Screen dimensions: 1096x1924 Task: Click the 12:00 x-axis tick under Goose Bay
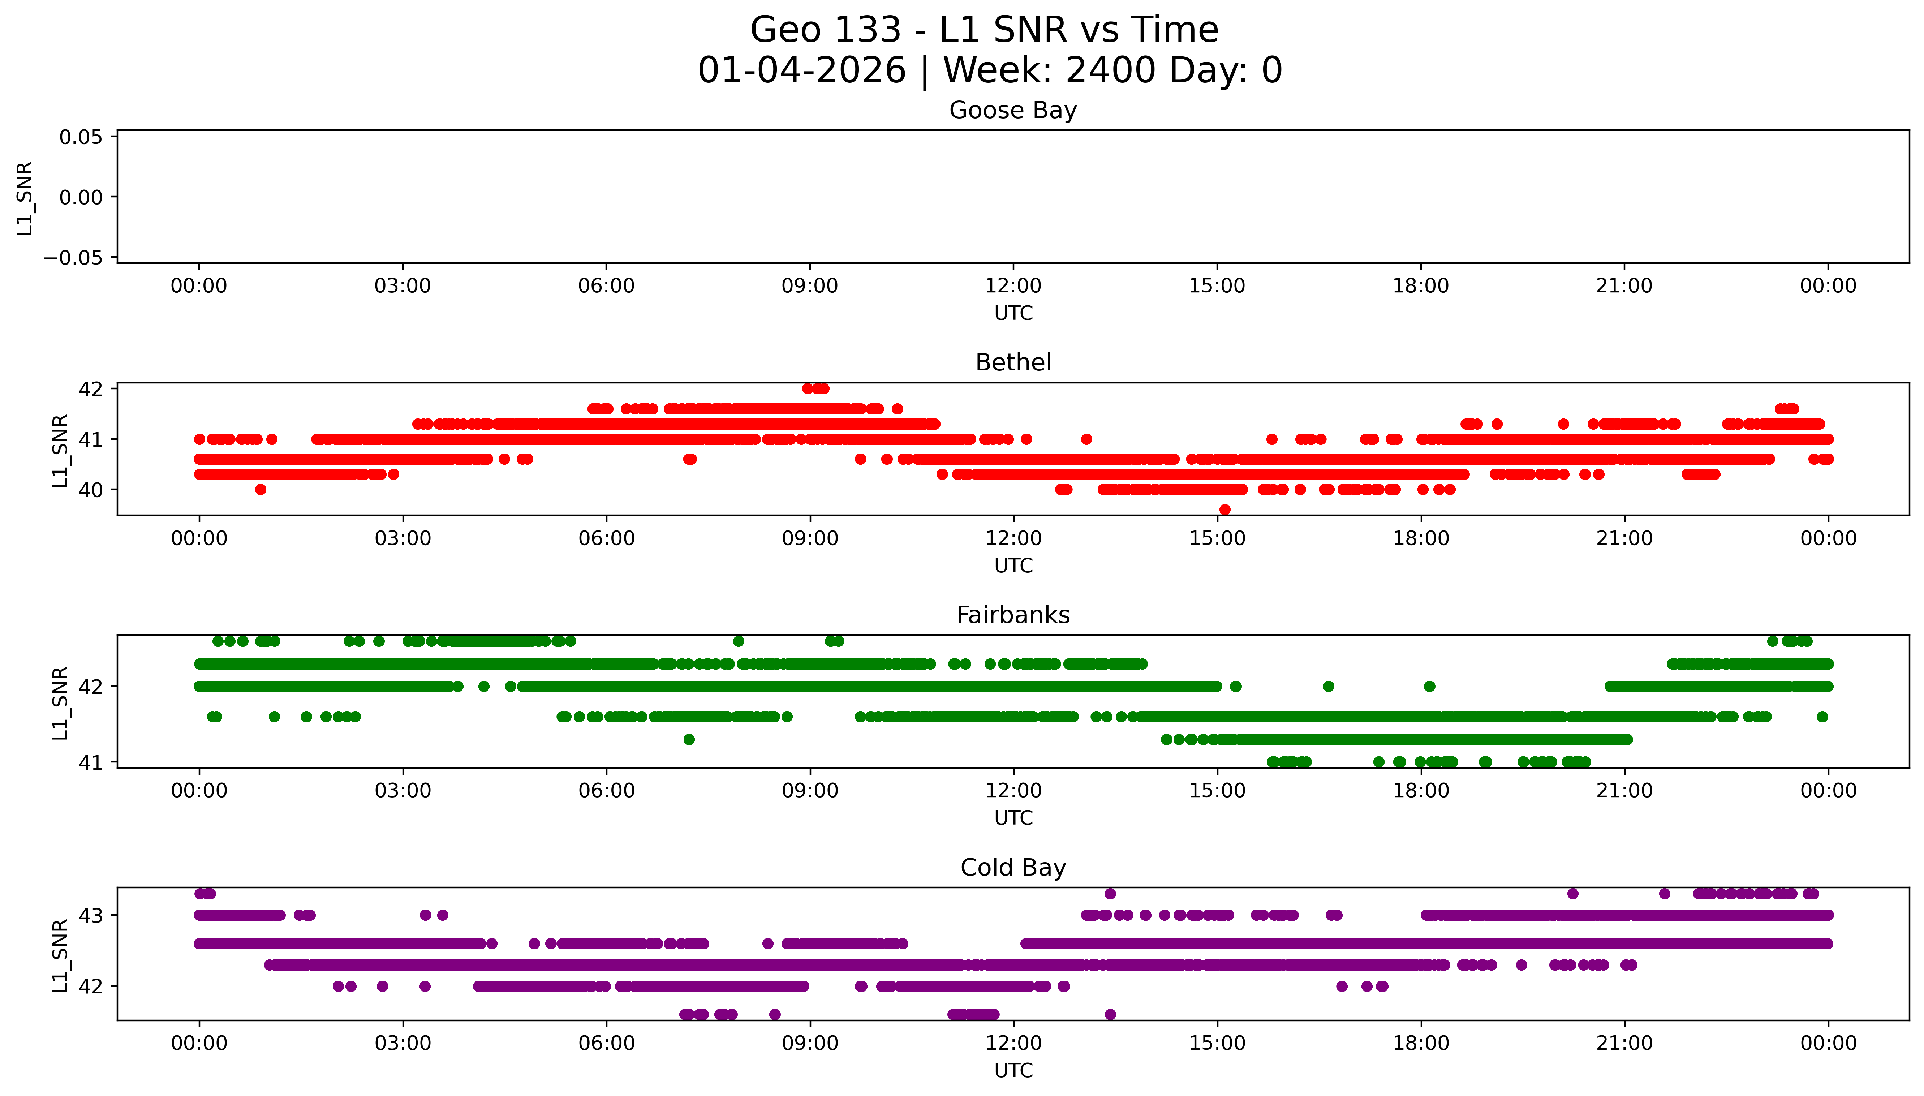pos(1013,286)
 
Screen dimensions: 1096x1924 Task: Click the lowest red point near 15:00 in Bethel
pos(1224,510)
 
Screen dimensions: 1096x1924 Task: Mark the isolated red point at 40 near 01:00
pos(261,489)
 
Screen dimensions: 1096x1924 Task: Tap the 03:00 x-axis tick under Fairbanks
pos(403,791)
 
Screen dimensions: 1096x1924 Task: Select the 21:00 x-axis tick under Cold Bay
pos(1624,1043)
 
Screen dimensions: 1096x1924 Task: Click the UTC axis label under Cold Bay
pos(1013,1070)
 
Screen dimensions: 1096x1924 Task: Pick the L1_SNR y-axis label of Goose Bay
pos(25,198)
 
